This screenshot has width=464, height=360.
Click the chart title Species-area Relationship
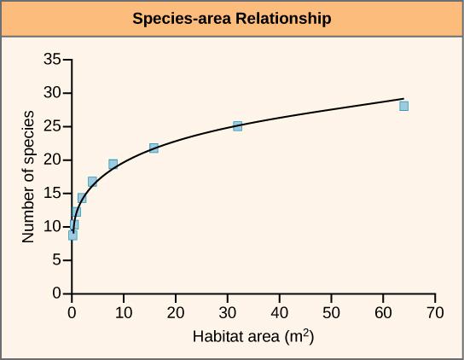(x=232, y=19)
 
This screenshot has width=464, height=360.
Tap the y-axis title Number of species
(x=29, y=177)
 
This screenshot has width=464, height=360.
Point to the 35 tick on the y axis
(x=53, y=60)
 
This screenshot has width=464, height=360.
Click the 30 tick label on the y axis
(x=53, y=93)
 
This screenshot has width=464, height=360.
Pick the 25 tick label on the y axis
(x=53, y=126)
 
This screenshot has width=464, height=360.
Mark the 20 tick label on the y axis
(x=53, y=160)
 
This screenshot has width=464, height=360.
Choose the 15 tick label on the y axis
(x=53, y=193)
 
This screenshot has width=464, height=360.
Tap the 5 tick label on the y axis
(x=56, y=260)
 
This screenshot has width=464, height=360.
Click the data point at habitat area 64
(x=403, y=106)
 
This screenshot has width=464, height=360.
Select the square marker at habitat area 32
(x=238, y=126)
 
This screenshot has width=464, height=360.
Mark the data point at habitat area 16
(x=154, y=148)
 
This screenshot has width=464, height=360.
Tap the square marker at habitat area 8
(x=113, y=164)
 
